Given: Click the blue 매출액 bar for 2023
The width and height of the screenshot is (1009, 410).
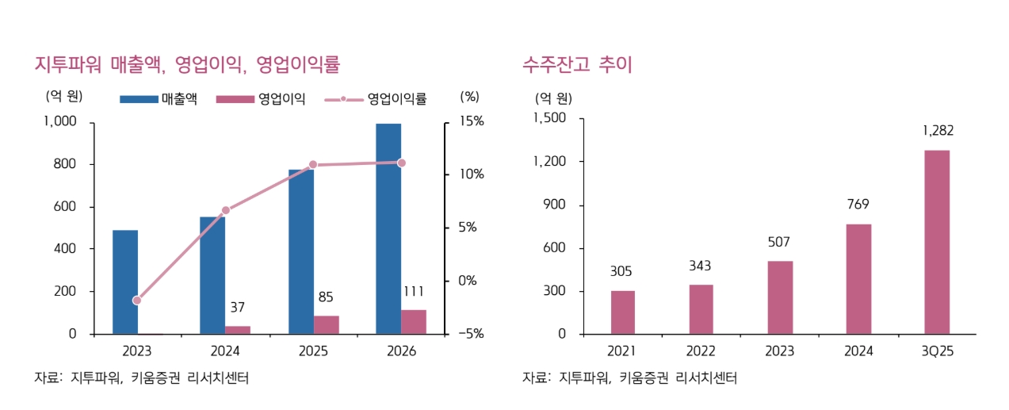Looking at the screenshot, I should point(125,282).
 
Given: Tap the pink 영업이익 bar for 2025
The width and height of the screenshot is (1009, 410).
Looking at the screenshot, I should point(326,324).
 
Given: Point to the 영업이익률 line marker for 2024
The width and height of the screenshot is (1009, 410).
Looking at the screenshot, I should point(226,210).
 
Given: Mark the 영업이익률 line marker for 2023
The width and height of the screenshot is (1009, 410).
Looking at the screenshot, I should point(137,301).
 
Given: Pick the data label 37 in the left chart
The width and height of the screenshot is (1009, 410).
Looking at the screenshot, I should point(237,307).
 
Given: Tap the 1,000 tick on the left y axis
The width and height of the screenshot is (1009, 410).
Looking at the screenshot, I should point(60,121).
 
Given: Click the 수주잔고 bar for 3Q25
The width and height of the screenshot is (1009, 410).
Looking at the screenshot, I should point(937,242).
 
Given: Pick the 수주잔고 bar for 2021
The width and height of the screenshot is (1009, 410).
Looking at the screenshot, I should point(623,312).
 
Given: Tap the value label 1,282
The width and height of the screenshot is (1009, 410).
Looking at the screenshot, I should point(937,131).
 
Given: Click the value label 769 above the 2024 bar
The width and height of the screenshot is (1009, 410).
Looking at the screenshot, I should point(858,205).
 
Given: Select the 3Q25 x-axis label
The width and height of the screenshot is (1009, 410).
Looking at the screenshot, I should point(937,351).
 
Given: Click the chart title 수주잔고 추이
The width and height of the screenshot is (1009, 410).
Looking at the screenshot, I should point(577,64).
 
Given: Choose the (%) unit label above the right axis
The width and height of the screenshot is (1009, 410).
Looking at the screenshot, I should point(469,97).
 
